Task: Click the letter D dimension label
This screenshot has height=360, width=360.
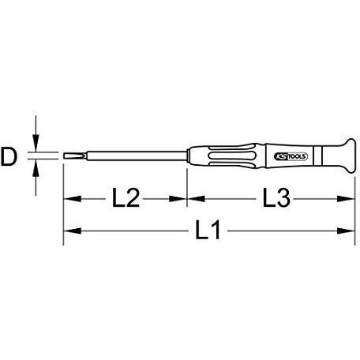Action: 9,156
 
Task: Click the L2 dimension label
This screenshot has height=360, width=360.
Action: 126,197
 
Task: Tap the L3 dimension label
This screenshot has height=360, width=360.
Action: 276,197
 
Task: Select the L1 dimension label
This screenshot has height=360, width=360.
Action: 208,231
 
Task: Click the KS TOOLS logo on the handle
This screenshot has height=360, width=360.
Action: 291,156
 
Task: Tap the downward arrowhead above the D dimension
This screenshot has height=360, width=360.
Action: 36,143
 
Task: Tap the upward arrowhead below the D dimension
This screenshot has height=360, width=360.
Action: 36,168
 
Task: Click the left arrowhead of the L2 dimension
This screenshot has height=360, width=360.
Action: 73,199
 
